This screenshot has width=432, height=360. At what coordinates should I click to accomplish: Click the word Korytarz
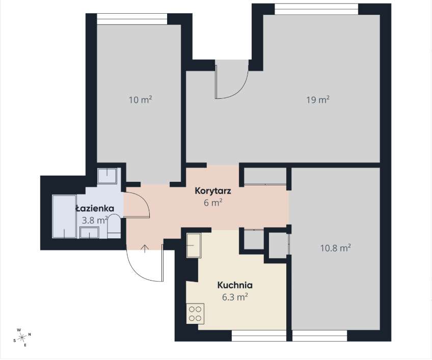pyautogui.click(x=213, y=191)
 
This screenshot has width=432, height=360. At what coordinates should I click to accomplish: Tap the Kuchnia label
pyautogui.click(x=235, y=285)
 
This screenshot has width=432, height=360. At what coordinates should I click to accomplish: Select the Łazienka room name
pyautogui.click(x=91, y=209)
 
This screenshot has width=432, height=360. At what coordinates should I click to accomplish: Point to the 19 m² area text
pyautogui.click(x=317, y=100)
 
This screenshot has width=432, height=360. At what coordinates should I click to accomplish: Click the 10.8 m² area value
pyautogui.click(x=335, y=248)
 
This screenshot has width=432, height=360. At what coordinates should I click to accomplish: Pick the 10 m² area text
pyautogui.click(x=140, y=100)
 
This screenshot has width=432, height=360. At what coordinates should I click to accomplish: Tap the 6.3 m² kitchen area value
pyautogui.click(x=235, y=296)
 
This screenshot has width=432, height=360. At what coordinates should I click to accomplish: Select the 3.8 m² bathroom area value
pyautogui.click(x=94, y=220)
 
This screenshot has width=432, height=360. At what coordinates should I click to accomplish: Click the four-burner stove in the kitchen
pyautogui.click(x=195, y=312)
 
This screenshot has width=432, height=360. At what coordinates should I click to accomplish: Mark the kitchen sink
pyautogui.click(x=194, y=245)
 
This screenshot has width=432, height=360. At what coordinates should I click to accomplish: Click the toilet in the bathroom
pyautogui.click(x=114, y=227)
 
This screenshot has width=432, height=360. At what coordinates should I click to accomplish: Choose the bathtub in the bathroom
pyautogui.click(x=64, y=216)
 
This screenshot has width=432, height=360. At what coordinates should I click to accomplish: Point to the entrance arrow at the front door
pyautogui.click(x=145, y=248)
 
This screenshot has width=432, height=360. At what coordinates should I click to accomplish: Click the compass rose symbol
pyautogui.click(x=22, y=337)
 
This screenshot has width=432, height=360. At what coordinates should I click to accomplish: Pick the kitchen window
pyautogui.click(x=259, y=336)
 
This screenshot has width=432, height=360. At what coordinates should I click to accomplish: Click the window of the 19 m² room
pyautogui.click(x=316, y=9)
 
